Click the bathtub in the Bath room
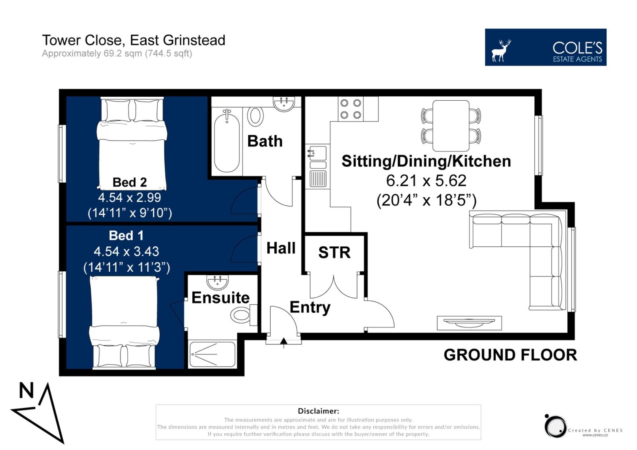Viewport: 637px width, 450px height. pos(227,141)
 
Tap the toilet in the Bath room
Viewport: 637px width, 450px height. pos(255,116)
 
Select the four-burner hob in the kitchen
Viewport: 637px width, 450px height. pos(351,109)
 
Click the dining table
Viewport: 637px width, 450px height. pos(451,126)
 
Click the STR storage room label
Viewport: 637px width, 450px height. pos(334,252)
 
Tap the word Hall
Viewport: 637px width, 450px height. pos(281,248)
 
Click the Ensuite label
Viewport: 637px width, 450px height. pos(221,298)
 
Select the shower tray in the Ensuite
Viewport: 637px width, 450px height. pos(212,354)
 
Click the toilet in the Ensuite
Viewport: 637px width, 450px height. pos(244,315)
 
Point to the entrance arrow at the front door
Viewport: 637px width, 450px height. pos(283,343)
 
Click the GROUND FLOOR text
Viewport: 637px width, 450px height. pos(510,355)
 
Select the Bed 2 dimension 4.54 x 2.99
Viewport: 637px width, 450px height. pos(129,197)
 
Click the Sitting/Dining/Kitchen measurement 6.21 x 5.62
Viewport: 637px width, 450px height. pos(426,181)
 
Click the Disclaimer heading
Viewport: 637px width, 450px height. pos(318,411)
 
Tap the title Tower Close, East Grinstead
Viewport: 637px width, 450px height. pos(134,40)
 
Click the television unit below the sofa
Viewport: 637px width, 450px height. pos(469,323)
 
